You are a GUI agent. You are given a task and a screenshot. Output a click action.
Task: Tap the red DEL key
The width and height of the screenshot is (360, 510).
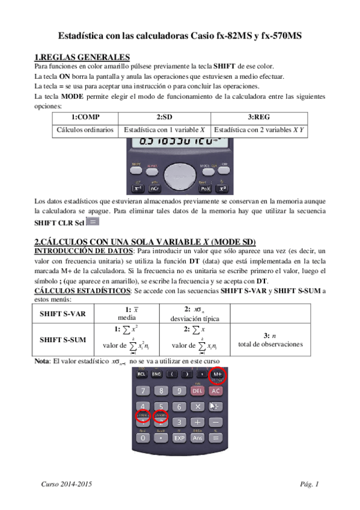(198, 391)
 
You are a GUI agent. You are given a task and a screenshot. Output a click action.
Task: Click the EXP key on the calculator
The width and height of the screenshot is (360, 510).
(180, 438)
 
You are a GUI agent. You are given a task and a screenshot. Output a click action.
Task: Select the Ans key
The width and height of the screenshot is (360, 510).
(197, 438)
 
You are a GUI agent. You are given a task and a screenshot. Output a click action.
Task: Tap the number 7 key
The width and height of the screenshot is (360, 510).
(143, 391)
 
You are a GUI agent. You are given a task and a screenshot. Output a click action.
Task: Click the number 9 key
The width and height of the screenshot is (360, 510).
(179, 391)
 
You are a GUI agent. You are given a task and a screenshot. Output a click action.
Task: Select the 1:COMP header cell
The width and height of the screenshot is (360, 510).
(85, 117)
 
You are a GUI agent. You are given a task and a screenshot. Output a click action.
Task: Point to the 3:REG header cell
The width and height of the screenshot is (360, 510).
(258, 117)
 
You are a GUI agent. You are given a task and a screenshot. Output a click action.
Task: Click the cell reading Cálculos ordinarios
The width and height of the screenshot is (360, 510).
(85, 129)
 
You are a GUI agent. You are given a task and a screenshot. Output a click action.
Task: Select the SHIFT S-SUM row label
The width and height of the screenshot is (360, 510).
(63, 339)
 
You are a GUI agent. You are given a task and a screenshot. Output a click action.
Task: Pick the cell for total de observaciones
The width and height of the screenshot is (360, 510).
(270, 340)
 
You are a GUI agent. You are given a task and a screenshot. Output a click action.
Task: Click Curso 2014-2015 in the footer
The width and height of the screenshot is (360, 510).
(66, 484)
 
